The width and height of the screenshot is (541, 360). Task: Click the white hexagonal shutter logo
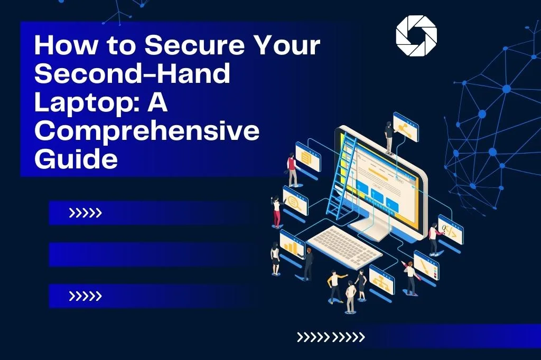coord(416,35)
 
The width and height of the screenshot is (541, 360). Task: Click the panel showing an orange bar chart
coord(292,243)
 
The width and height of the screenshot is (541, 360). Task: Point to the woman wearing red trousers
coord(276,211)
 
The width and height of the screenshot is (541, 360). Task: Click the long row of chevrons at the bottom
coord(331,337)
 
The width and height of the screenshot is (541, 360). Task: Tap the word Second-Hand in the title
coord(132,75)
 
